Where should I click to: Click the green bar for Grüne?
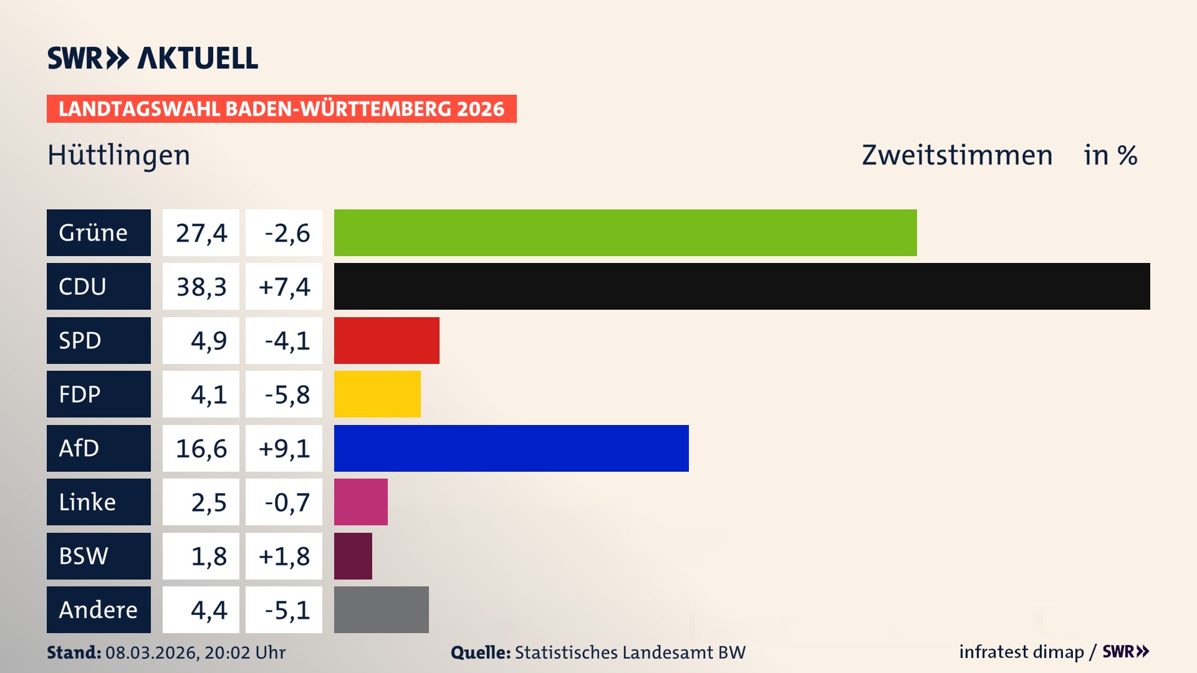pyautogui.click(x=625, y=232)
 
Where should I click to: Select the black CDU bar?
pyautogui.click(x=742, y=287)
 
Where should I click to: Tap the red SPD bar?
pyautogui.click(x=387, y=340)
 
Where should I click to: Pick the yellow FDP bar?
pyautogui.click(x=377, y=394)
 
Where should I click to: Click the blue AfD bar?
pyautogui.click(x=511, y=448)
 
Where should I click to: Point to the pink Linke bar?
pyautogui.click(x=360, y=502)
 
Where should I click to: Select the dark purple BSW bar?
pyautogui.click(x=353, y=556)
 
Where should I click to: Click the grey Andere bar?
pyautogui.click(x=381, y=609)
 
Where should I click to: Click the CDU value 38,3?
pyautogui.click(x=201, y=287)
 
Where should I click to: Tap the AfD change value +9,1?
pyautogui.click(x=284, y=448)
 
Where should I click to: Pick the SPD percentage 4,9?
pyautogui.click(x=208, y=340)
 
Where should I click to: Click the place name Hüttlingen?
pyautogui.click(x=118, y=155)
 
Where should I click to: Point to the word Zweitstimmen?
pyautogui.click(x=957, y=155)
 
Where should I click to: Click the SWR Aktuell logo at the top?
pyautogui.click(x=152, y=58)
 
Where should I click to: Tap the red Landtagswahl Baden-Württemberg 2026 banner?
pyautogui.click(x=281, y=108)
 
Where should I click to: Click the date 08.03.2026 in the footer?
pyautogui.click(x=151, y=652)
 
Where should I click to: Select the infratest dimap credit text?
pyautogui.click(x=1021, y=652)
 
